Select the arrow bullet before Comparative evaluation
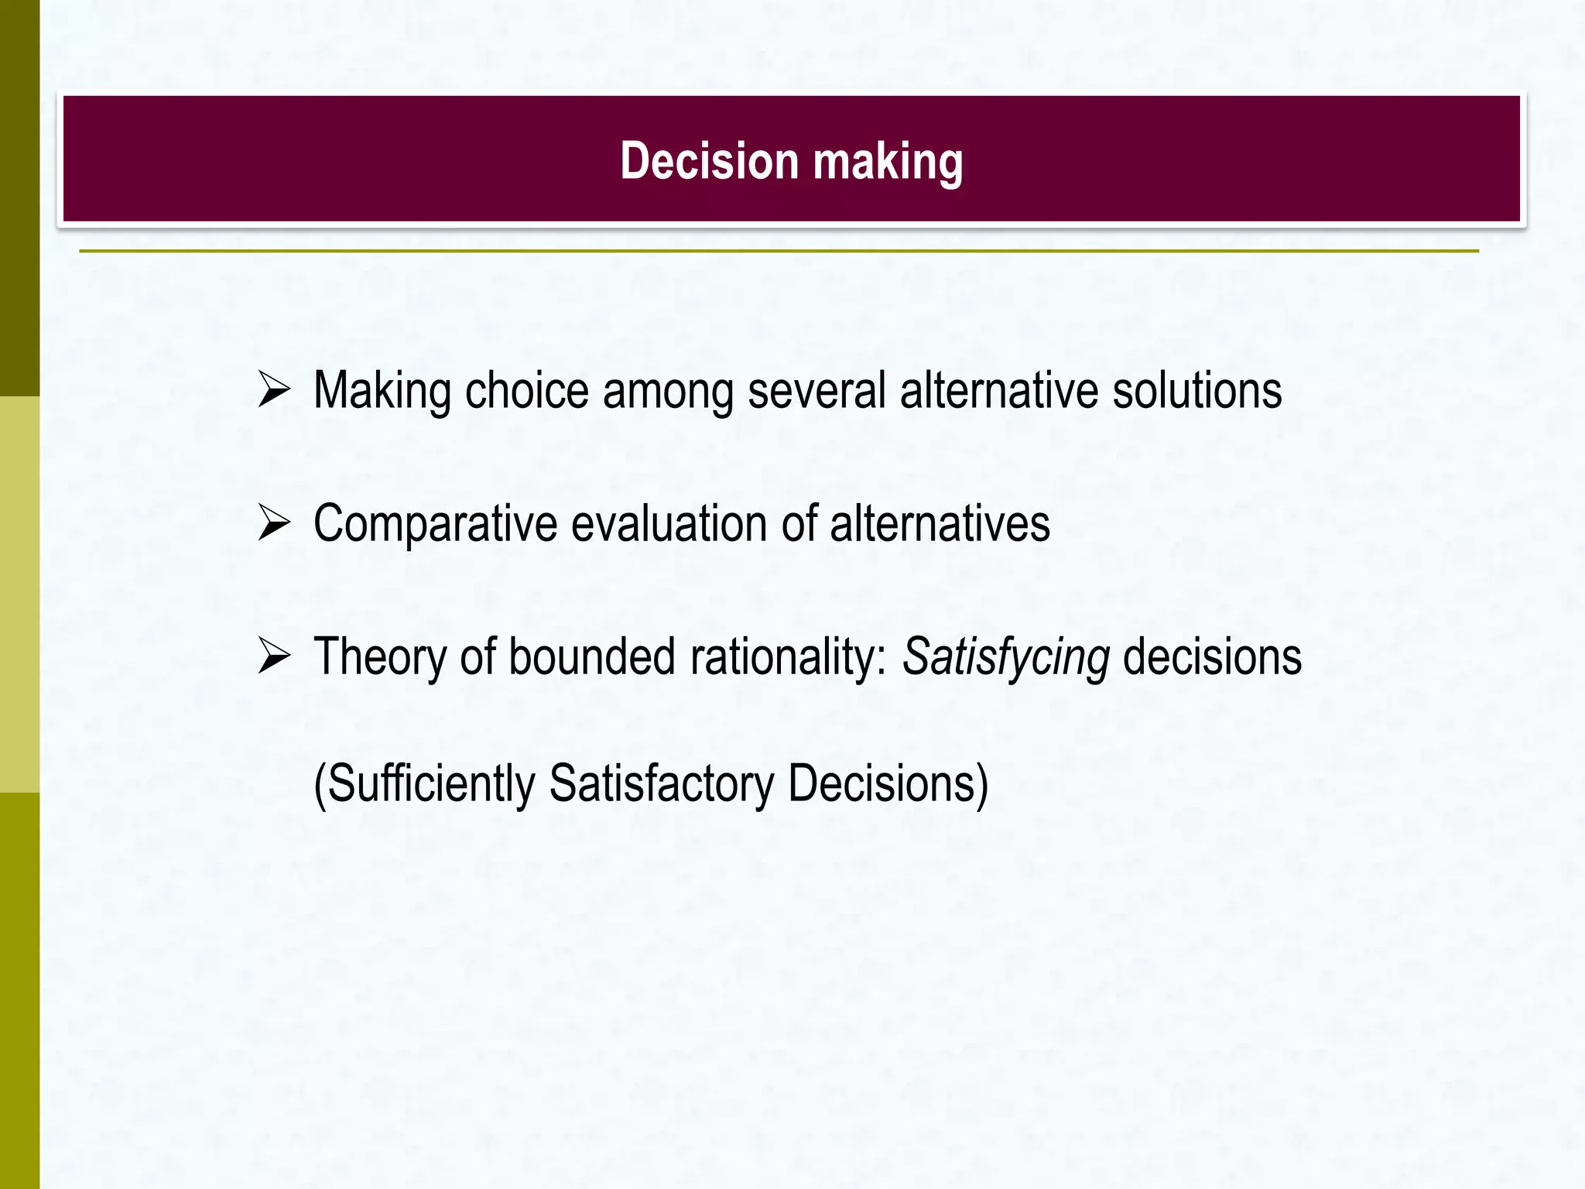pyautogui.click(x=274, y=523)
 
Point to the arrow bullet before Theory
pyautogui.click(x=274, y=656)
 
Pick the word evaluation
pyautogui.click(x=669, y=523)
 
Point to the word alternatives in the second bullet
pyautogui.click(x=940, y=523)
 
